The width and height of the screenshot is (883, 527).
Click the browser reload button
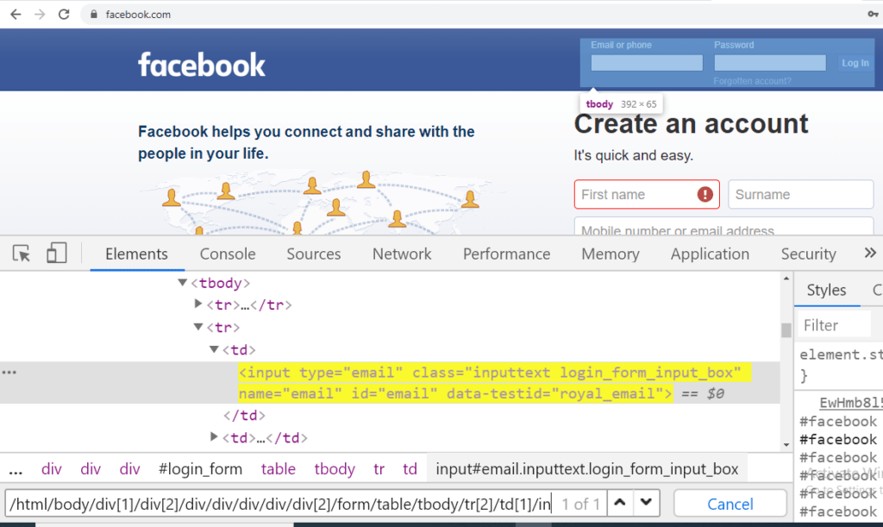pyautogui.click(x=64, y=15)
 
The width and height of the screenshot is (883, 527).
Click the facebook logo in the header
pyautogui.click(x=202, y=65)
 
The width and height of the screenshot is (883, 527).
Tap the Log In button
pyautogui.click(x=855, y=63)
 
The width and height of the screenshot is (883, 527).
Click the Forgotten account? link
pyautogui.click(x=752, y=81)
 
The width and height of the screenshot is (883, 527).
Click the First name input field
pyautogui.click(x=636, y=195)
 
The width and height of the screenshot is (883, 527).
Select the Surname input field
pyautogui.click(x=800, y=195)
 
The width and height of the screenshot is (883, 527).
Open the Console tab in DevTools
pyautogui.click(x=228, y=254)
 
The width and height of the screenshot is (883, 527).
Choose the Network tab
pyautogui.click(x=402, y=254)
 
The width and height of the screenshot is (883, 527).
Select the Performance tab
pyautogui.click(x=506, y=254)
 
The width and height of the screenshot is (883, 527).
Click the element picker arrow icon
pyautogui.click(x=22, y=254)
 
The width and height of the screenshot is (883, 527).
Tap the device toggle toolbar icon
pyautogui.click(x=57, y=254)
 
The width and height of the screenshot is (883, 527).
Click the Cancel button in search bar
pyautogui.click(x=730, y=504)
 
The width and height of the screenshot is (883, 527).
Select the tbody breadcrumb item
pyautogui.click(x=335, y=469)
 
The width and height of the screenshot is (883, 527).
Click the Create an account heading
pyautogui.click(x=691, y=124)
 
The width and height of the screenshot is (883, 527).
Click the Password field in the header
pyautogui.click(x=769, y=63)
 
